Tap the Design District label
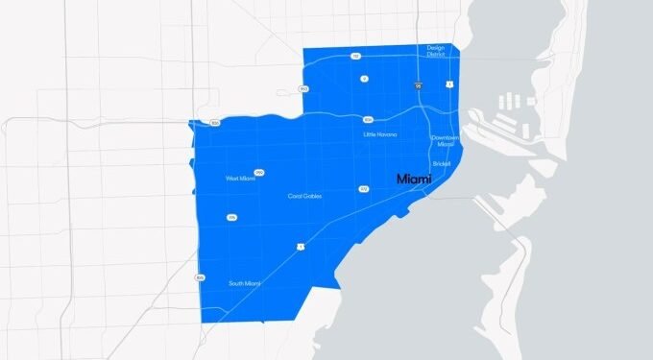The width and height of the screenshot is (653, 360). (437, 51)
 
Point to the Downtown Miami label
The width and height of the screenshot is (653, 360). (445, 140)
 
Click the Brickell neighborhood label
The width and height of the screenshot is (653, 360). (442, 163)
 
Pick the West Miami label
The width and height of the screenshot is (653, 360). (238, 178)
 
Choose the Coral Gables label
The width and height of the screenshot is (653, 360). (304, 196)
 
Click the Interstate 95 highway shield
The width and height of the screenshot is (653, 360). (420, 85)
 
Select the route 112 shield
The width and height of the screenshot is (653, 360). (355, 56)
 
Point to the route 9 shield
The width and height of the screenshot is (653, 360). (364, 78)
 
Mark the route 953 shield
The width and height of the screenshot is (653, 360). (303, 89)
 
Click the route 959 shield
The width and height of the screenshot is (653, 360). (259, 172)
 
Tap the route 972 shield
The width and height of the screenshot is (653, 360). (364, 189)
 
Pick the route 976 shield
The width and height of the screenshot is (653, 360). (231, 218)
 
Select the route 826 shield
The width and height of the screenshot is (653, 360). (200, 276)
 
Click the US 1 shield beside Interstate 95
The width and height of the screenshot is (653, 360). (449, 84)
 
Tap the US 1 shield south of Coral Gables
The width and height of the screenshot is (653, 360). (302, 247)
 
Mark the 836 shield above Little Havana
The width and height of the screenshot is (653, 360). (367, 120)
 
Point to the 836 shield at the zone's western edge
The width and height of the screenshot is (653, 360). (215, 124)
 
